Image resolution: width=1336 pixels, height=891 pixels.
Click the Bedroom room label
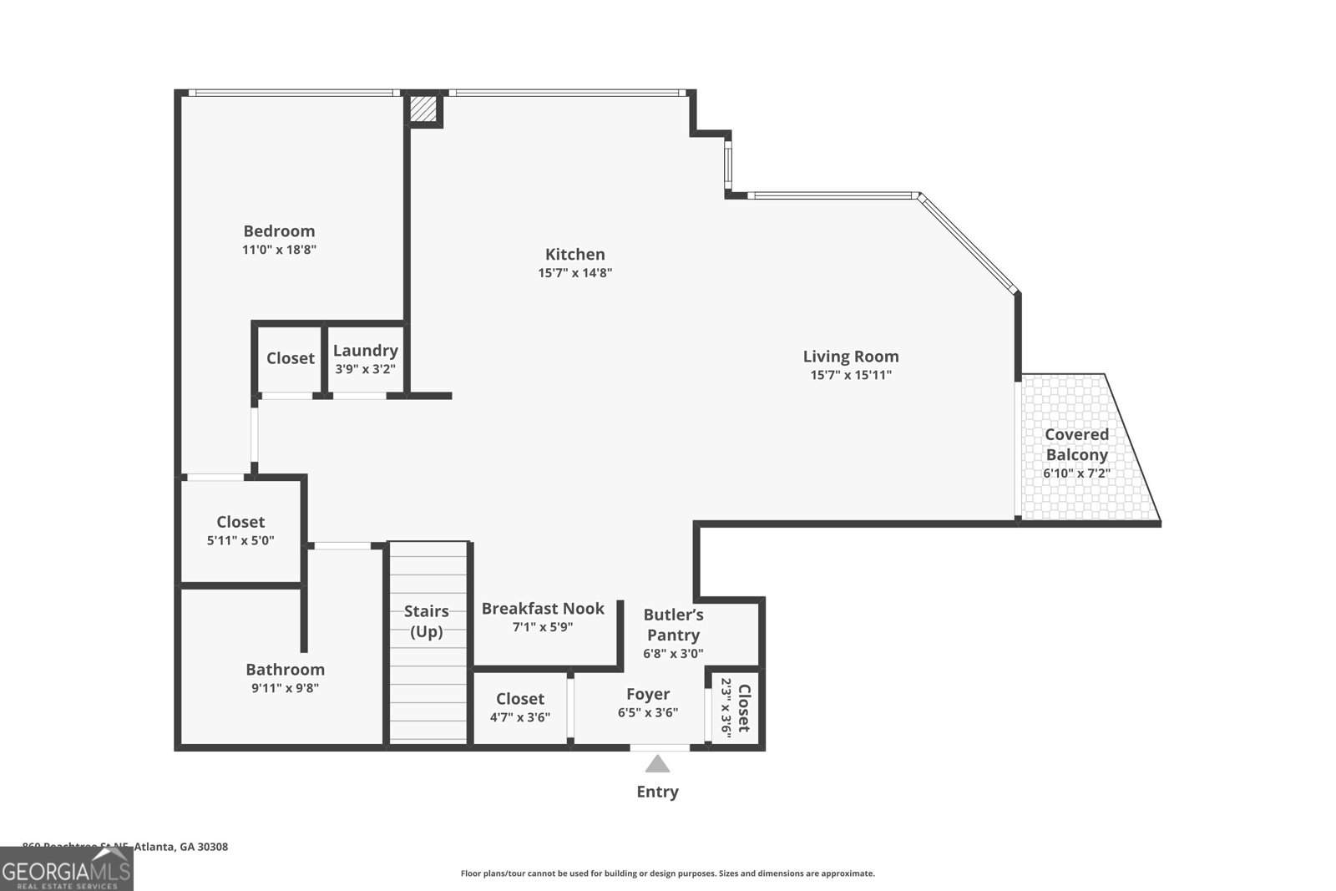(x=279, y=231)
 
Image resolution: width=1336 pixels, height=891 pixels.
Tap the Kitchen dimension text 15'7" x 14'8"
(x=575, y=273)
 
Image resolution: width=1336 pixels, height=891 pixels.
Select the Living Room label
(x=851, y=357)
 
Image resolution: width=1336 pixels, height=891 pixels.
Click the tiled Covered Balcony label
(x=1076, y=444)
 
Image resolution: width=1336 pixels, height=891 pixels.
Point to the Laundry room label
(x=365, y=351)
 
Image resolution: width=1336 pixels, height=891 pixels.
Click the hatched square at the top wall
(x=423, y=109)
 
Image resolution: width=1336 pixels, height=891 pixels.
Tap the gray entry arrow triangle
(x=658, y=763)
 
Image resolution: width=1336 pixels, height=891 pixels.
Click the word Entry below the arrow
(x=657, y=792)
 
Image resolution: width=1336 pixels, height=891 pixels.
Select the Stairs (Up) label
(x=426, y=621)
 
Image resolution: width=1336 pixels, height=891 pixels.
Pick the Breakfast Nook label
(x=543, y=609)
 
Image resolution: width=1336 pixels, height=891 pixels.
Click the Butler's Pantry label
(x=673, y=625)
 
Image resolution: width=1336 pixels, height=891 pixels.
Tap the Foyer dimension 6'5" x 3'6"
(x=648, y=713)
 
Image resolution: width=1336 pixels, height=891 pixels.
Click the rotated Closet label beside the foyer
(x=743, y=708)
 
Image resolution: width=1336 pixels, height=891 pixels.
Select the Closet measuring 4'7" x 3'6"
(x=519, y=699)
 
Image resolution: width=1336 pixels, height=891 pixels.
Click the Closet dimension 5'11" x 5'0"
(x=240, y=540)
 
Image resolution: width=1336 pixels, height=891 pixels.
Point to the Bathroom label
(x=285, y=670)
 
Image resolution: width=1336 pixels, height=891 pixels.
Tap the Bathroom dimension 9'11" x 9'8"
(x=285, y=689)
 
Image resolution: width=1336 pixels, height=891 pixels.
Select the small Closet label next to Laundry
(x=290, y=358)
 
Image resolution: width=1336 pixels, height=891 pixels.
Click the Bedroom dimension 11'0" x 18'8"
(x=279, y=250)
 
